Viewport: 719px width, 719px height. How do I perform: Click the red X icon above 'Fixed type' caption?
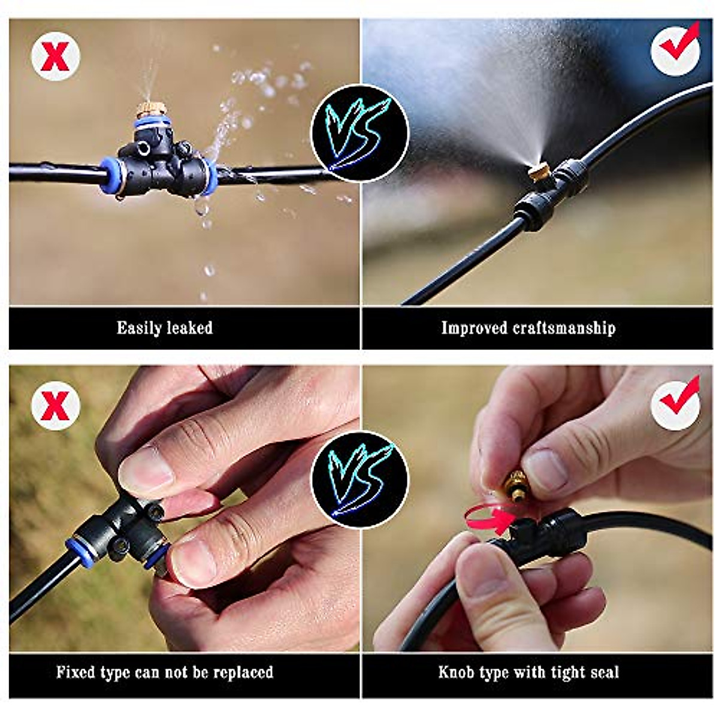tap(56, 405)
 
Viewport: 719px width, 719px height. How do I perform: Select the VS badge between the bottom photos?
tap(359, 479)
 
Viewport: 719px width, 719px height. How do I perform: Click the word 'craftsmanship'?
tap(564, 328)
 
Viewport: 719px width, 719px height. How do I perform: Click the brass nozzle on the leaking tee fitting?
tap(147, 111)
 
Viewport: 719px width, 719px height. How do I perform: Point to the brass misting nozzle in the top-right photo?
tap(539, 174)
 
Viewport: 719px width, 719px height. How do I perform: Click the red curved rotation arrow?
tap(487, 516)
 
